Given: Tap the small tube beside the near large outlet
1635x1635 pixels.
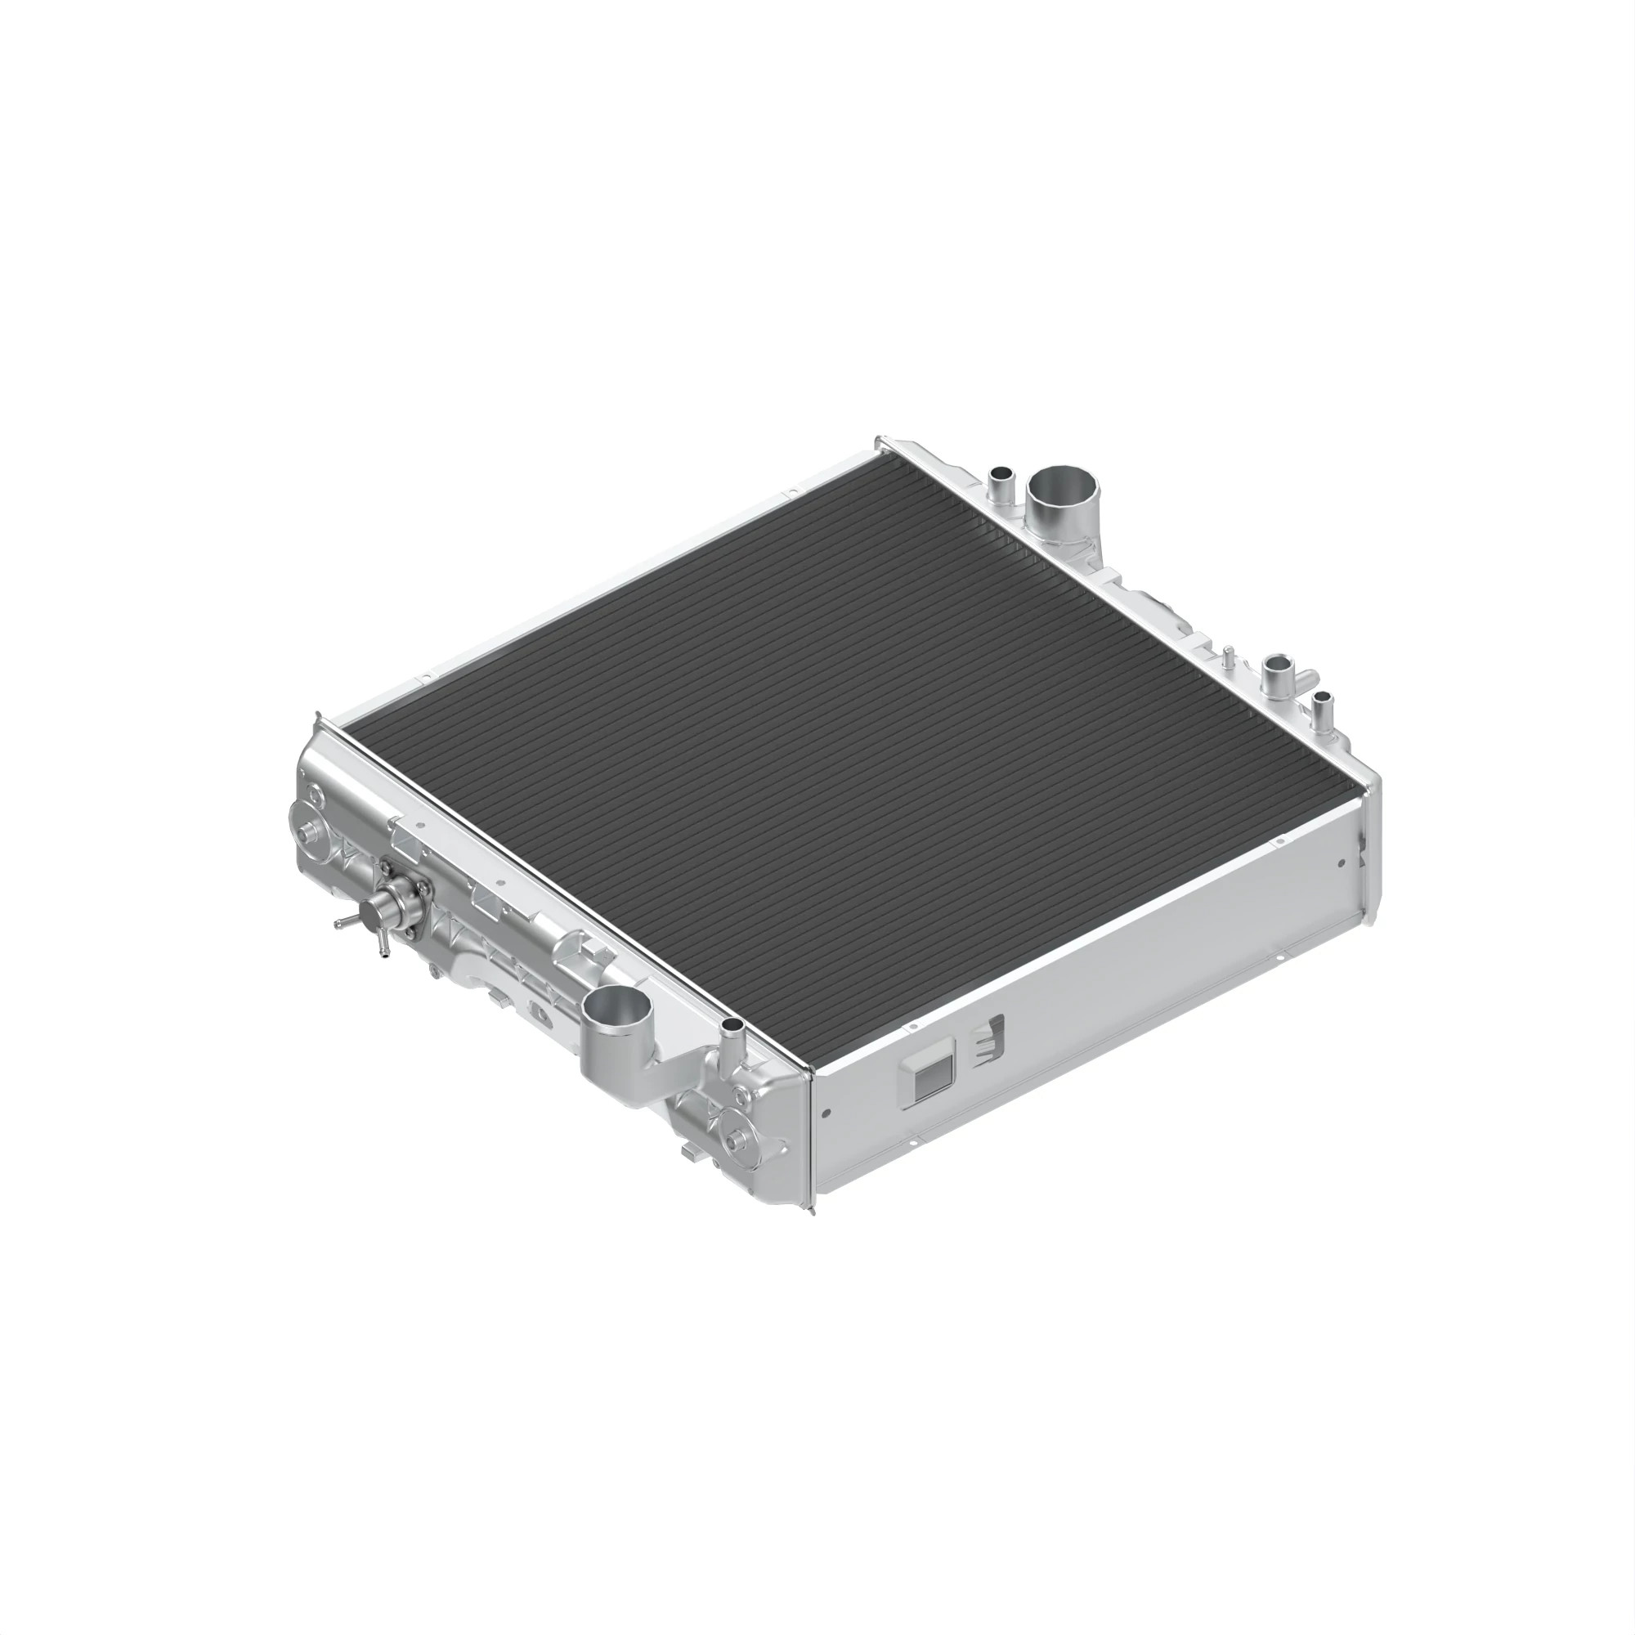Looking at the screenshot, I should (x=732, y=1031).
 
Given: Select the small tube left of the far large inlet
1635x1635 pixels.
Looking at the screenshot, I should (x=1001, y=477).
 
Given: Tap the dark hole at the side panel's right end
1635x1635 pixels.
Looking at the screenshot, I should (x=1341, y=864).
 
